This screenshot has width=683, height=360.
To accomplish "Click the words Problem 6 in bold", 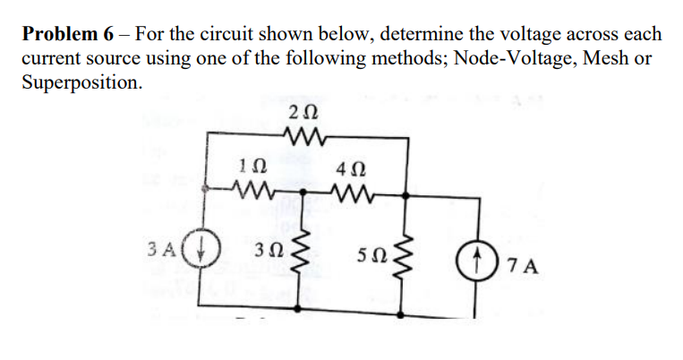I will (68, 35).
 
